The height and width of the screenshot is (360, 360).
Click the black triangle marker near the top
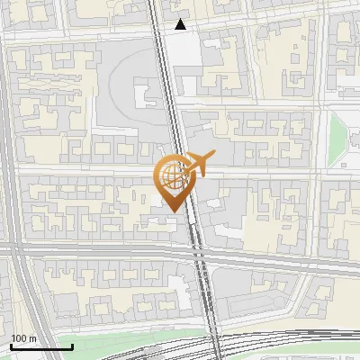(181, 24)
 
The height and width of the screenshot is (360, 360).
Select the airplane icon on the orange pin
(198, 162)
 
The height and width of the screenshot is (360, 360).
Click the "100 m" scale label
(23, 337)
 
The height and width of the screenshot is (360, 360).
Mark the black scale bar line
(41, 346)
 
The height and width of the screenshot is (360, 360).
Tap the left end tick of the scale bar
(11, 346)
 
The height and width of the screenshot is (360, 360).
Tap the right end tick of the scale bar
(72, 346)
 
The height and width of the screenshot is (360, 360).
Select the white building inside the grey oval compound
(145, 96)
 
